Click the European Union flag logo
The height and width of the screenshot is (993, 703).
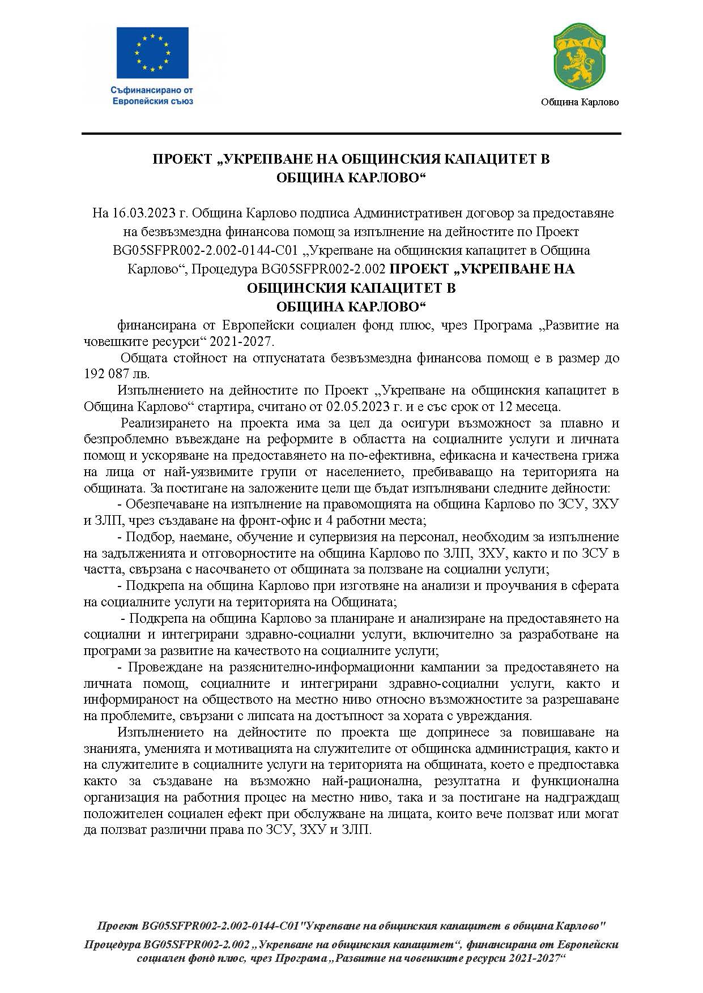click(152, 52)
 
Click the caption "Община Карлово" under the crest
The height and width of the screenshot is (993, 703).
click(580, 102)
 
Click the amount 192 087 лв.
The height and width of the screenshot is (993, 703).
click(117, 374)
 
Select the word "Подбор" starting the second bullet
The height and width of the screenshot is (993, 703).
click(144, 536)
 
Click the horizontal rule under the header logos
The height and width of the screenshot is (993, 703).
click(351, 133)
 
